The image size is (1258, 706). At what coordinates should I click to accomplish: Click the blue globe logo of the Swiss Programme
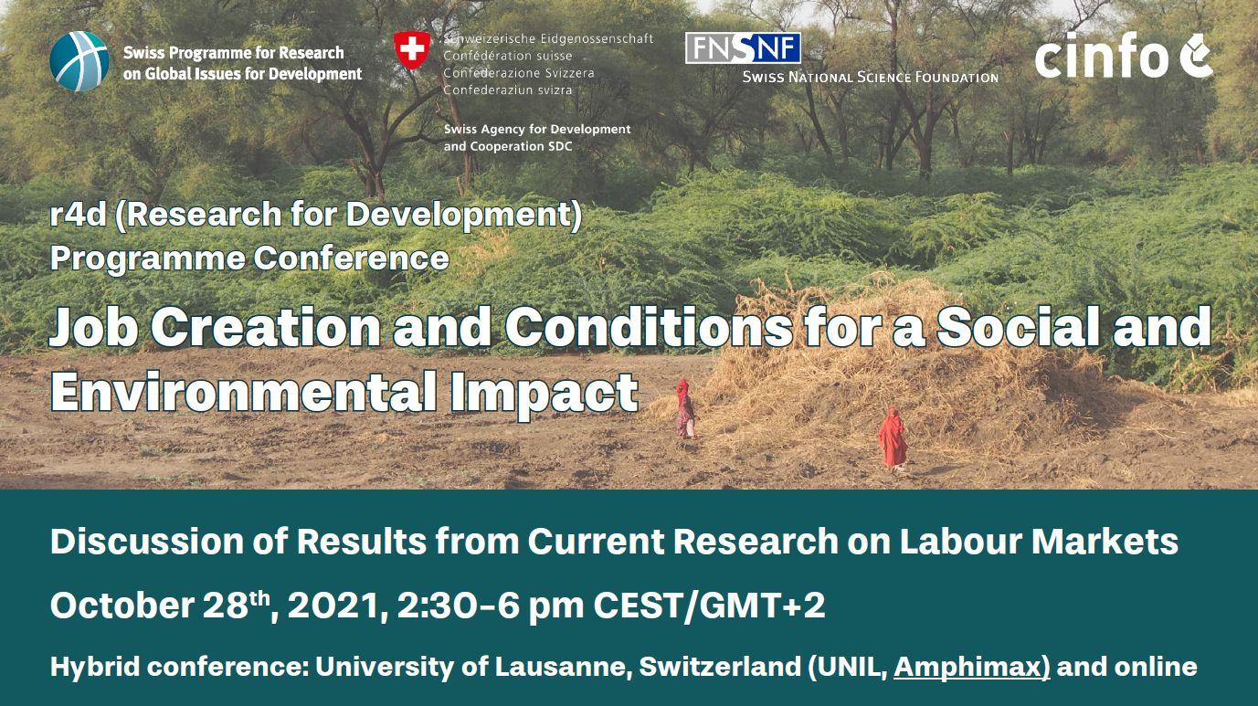79,61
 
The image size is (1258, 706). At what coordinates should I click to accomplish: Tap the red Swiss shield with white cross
412,49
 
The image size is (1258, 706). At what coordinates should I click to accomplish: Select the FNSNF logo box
743,47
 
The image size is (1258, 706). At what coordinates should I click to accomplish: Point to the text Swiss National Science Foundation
870,77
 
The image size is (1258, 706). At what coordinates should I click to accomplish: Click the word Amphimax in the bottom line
971,667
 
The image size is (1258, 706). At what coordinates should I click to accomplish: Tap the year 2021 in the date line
337,606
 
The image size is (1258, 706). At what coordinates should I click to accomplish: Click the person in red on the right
893,439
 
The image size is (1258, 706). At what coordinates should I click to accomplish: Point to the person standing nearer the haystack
684,408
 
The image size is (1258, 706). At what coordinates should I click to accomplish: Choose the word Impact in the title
544,393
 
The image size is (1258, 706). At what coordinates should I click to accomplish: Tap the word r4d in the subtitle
78,215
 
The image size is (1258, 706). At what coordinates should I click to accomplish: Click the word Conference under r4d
352,258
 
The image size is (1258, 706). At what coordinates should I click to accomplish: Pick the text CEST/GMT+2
709,606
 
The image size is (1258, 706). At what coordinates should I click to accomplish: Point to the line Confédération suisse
508,56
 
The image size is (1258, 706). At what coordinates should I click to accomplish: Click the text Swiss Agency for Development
537,129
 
